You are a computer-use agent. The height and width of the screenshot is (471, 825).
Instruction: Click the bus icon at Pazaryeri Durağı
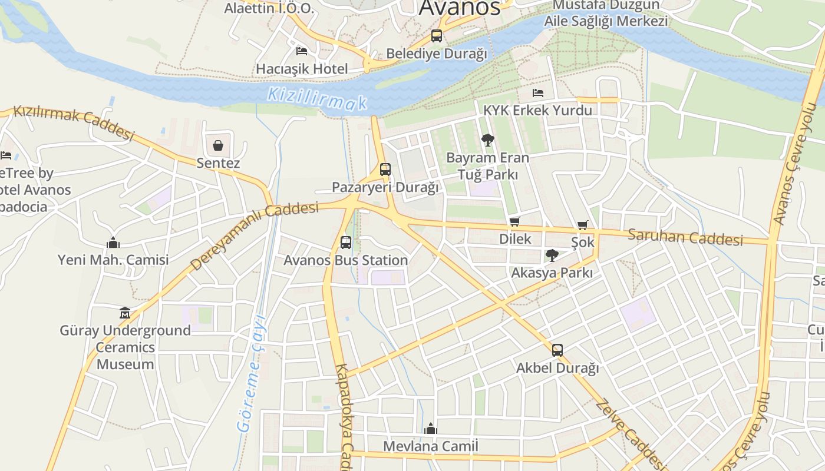(x=385, y=170)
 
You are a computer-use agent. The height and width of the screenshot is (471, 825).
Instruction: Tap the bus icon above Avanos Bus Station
(x=346, y=242)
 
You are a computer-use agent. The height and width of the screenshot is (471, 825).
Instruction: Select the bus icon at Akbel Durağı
(x=557, y=350)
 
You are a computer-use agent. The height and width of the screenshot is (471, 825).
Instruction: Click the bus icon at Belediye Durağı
(x=437, y=35)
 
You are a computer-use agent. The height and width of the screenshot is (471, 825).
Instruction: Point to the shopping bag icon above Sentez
(x=218, y=145)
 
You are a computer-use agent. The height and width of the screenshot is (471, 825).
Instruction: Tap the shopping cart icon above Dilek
(x=515, y=222)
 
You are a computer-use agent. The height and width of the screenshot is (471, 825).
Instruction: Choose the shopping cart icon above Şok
(x=583, y=225)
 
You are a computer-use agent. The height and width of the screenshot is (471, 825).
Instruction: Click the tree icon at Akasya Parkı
(x=552, y=255)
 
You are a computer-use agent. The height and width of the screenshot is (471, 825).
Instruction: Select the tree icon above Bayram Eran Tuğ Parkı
(x=487, y=140)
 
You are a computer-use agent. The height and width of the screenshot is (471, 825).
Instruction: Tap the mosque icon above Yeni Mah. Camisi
(x=113, y=242)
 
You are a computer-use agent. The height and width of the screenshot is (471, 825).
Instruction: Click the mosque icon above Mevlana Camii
(x=431, y=428)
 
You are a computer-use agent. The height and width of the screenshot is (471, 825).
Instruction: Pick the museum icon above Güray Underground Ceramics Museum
(x=125, y=313)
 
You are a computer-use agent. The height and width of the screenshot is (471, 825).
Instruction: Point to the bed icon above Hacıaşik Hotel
(x=302, y=51)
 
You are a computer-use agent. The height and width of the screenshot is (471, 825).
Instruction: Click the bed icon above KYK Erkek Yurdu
(x=537, y=93)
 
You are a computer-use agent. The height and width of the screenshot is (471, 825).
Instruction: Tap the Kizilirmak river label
(x=317, y=99)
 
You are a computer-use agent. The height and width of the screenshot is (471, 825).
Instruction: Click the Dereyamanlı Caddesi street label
(x=255, y=235)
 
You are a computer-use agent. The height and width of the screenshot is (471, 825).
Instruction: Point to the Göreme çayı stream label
(x=252, y=374)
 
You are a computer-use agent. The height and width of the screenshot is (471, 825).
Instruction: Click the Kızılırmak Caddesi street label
(x=74, y=122)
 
